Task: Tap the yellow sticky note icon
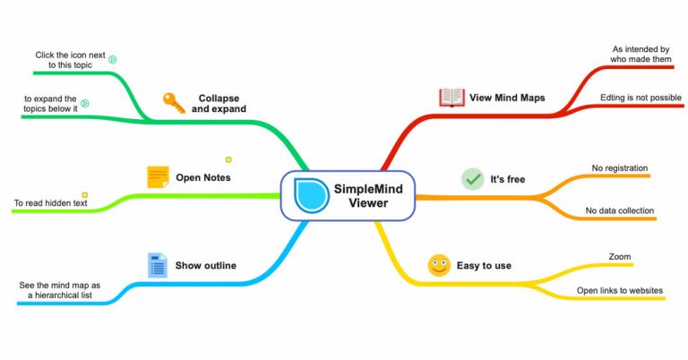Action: (x=158, y=176)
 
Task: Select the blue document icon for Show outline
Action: (x=158, y=265)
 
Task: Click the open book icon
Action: (x=451, y=98)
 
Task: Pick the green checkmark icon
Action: (x=472, y=179)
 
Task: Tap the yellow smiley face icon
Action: (x=439, y=265)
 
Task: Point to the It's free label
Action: (x=508, y=179)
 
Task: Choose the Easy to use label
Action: (x=486, y=265)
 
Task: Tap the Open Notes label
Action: (x=203, y=177)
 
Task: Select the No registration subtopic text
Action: (x=620, y=167)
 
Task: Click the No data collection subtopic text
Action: (x=620, y=211)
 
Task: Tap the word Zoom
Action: (x=620, y=256)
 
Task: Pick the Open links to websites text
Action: (x=619, y=290)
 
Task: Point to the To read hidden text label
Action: (x=50, y=203)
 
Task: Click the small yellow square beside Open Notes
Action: (x=228, y=160)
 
